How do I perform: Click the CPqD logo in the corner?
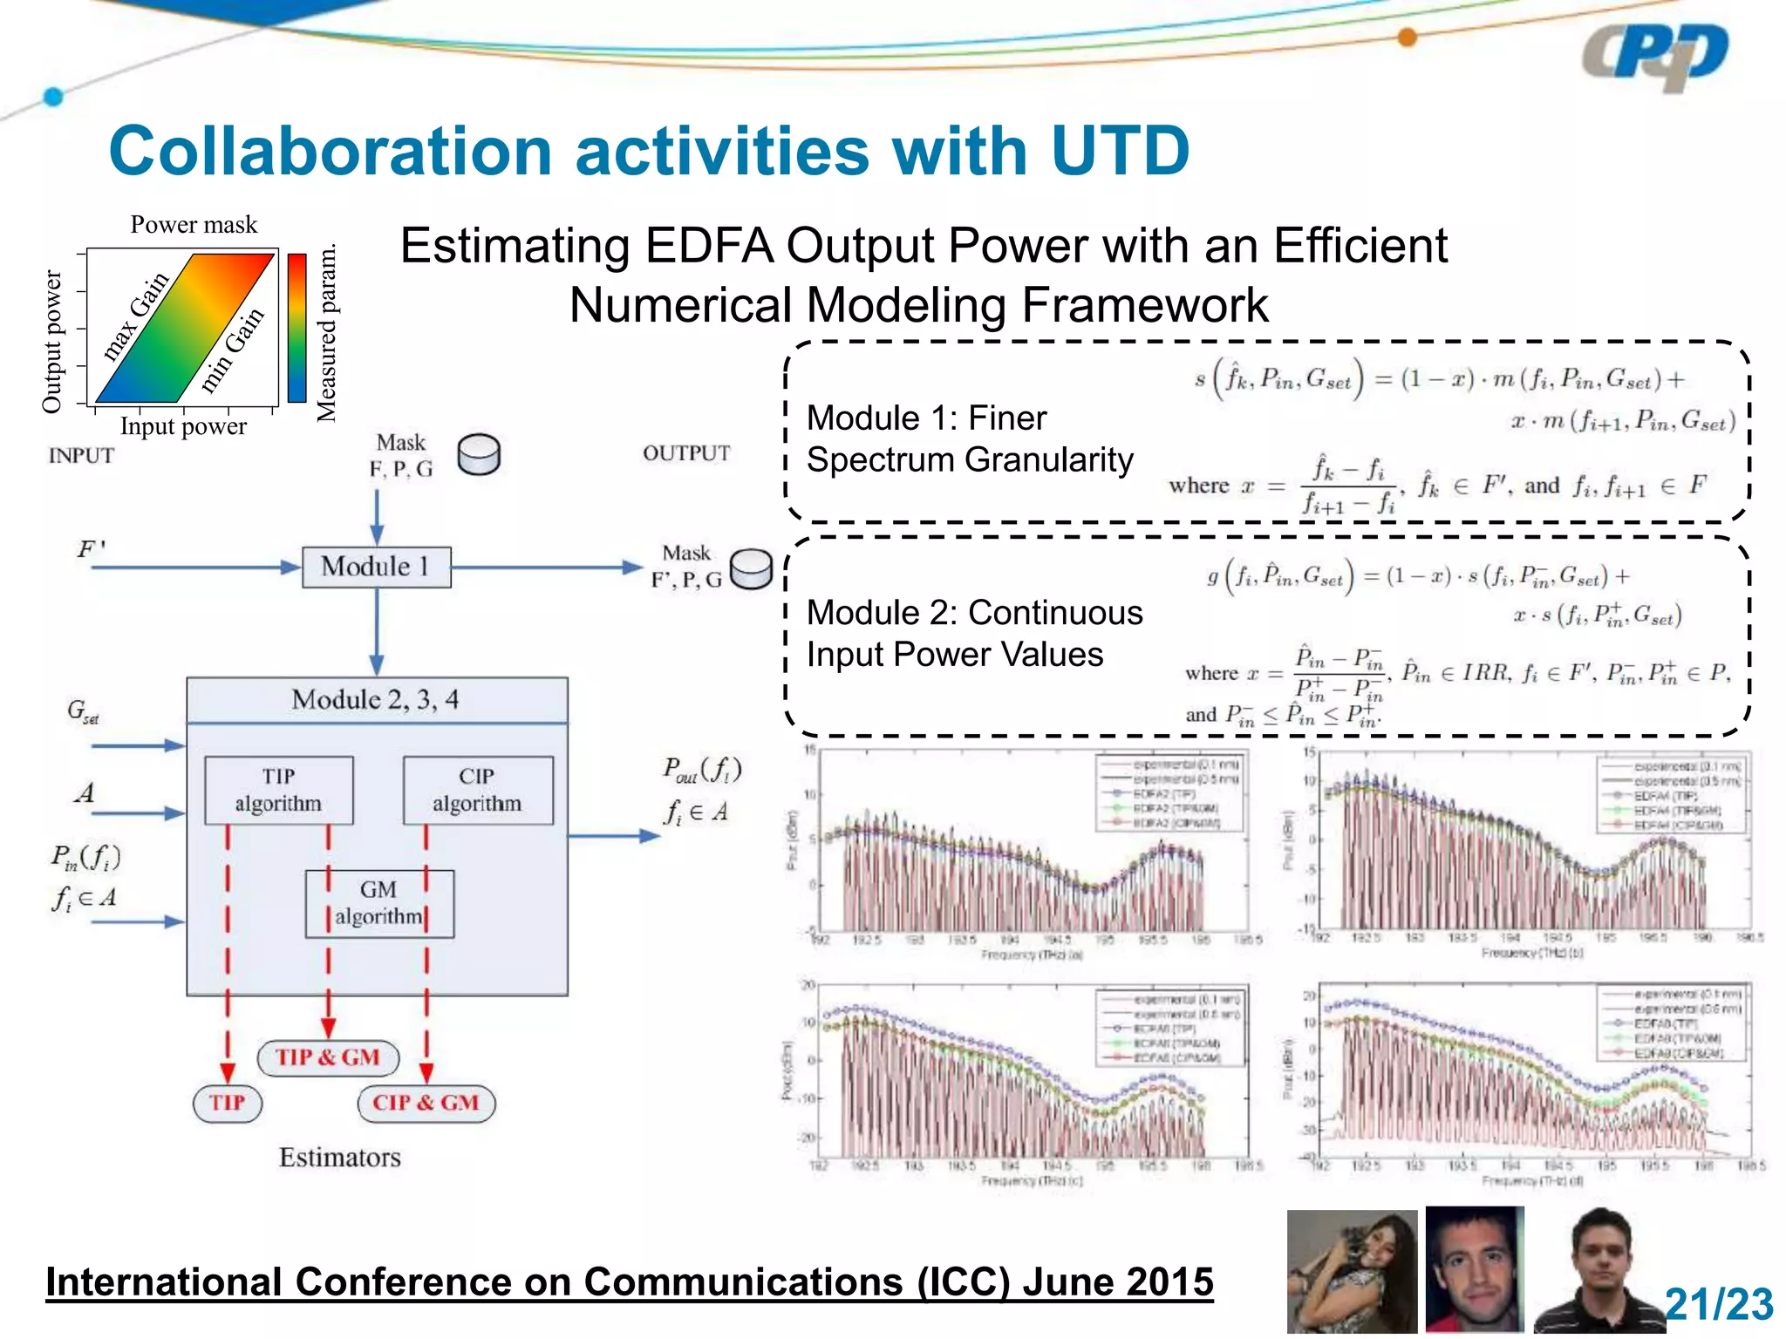[1654, 57]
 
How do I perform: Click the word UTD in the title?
[1120, 151]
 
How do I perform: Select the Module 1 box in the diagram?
[376, 567]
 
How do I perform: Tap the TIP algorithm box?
[278, 790]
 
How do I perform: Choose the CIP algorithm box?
[477, 790]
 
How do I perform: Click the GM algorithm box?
[378, 903]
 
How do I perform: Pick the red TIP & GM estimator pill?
[328, 1057]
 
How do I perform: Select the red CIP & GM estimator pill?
[426, 1103]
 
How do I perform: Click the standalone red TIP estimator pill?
[227, 1103]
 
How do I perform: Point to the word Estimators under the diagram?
[339, 1158]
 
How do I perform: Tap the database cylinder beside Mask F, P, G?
[479, 454]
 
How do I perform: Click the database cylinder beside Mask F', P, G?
[751, 569]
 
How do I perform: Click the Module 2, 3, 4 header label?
[375, 700]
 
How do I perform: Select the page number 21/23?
[1718, 1305]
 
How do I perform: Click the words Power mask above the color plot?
[194, 225]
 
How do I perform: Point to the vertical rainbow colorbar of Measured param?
[297, 328]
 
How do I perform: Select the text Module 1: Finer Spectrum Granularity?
[969, 438]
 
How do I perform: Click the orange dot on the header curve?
[1407, 37]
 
